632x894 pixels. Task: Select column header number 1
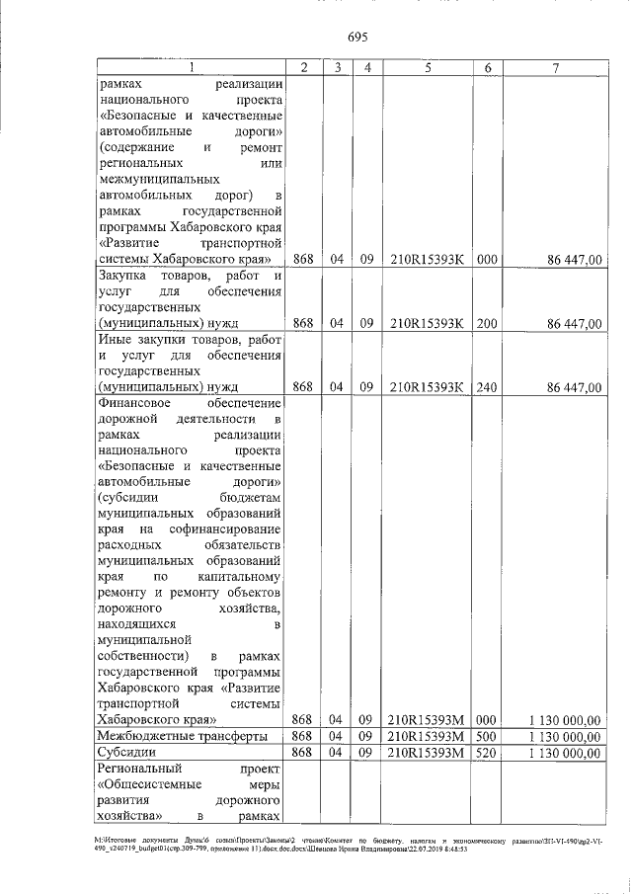click(x=192, y=67)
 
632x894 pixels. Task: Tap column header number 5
click(x=428, y=67)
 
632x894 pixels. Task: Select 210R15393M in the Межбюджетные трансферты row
click(x=428, y=737)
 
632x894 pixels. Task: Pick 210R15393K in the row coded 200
click(x=428, y=323)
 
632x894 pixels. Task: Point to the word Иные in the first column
click(x=116, y=339)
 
